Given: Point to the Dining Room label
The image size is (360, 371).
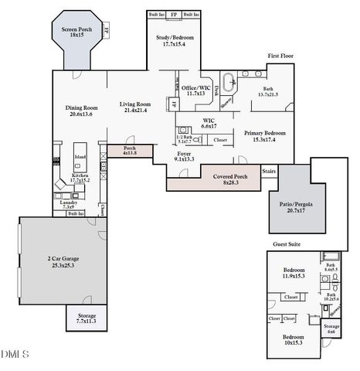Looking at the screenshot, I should [80, 107].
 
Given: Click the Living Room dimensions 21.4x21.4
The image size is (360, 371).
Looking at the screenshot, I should [135, 111].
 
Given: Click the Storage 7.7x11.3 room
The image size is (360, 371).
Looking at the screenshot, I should [86, 317].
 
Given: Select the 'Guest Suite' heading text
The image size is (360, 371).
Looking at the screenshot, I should [287, 244].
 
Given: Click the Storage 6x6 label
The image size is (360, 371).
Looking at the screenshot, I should [331, 328].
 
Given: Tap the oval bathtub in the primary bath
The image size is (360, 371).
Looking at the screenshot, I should [229, 81].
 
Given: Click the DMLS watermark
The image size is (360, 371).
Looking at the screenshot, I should [15, 355].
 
